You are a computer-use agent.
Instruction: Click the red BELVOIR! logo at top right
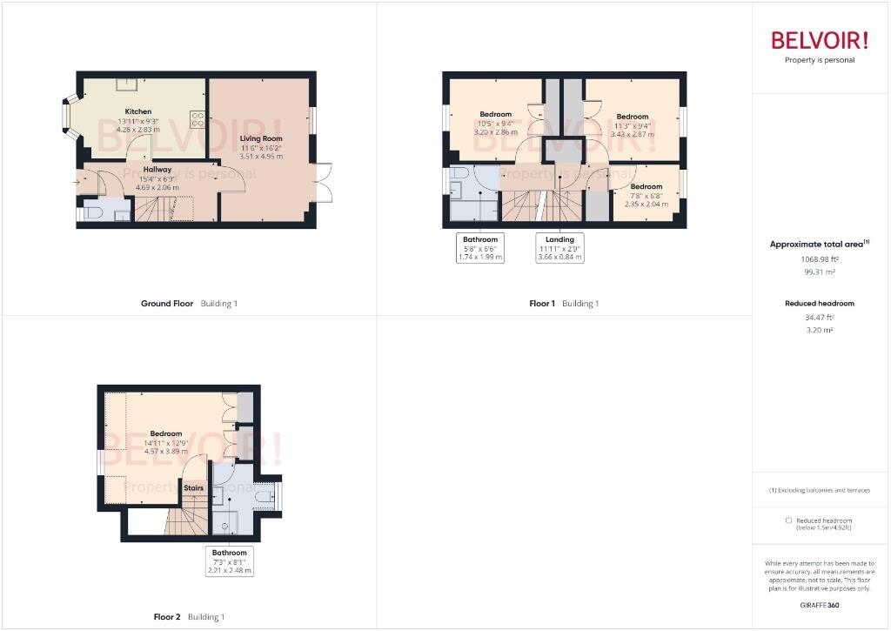coord(819,40)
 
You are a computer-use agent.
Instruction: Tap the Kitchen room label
coord(137,111)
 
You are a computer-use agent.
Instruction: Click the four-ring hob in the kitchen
coord(197,119)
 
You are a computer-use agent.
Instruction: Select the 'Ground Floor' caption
coord(168,304)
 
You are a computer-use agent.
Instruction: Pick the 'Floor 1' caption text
coord(541,304)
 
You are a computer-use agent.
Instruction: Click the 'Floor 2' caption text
coord(167,617)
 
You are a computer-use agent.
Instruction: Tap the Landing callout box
coord(559,248)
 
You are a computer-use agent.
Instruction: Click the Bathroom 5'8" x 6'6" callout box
coord(480,248)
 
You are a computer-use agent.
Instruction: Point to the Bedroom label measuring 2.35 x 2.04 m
coord(646,186)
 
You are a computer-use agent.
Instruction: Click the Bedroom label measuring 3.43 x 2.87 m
coord(632,117)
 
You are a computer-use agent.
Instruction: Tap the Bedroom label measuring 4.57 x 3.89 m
coord(165,433)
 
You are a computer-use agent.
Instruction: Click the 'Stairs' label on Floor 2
coord(194,487)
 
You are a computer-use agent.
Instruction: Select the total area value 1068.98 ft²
coord(819,259)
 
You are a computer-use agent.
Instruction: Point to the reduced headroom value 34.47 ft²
coord(819,318)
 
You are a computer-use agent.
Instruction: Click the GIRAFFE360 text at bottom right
coord(819,605)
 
